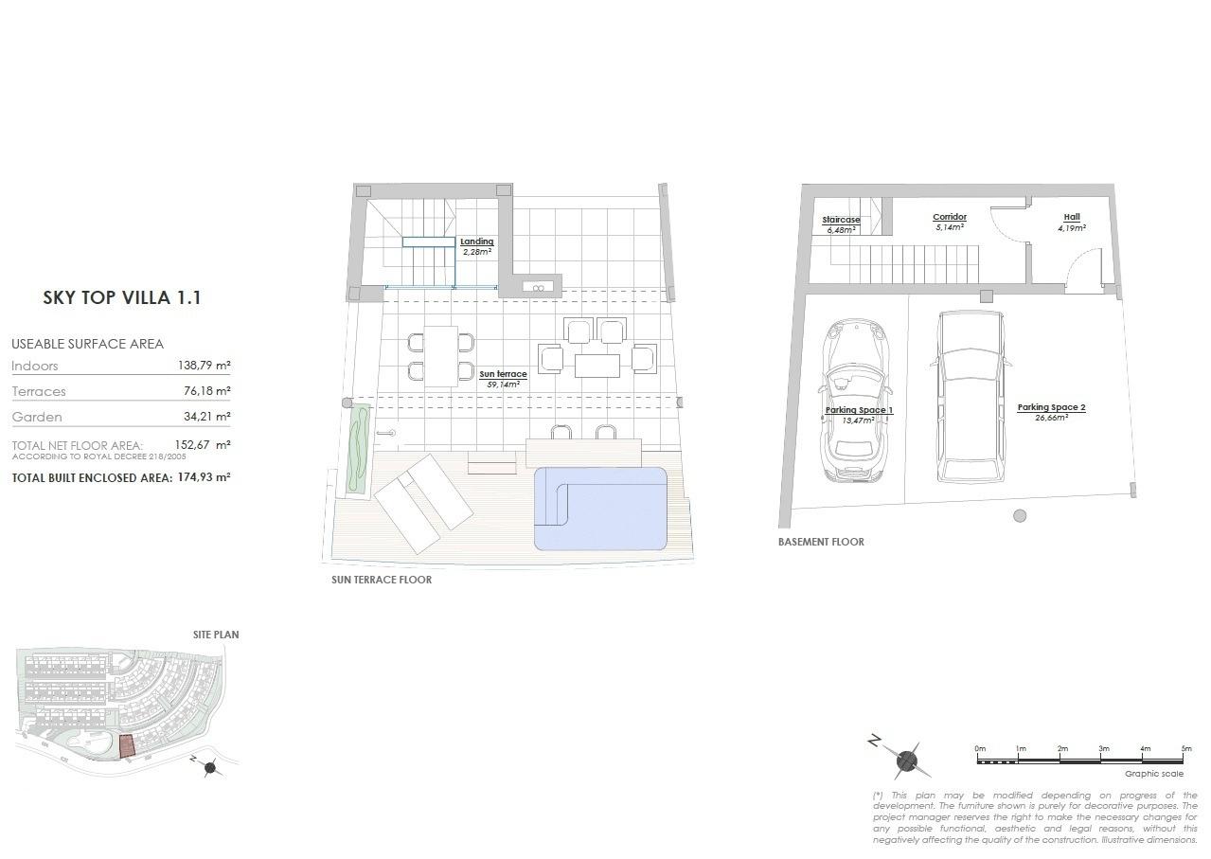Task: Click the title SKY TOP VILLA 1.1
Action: (x=122, y=297)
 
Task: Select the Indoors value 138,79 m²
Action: (x=204, y=366)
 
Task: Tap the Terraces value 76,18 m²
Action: (x=204, y=391)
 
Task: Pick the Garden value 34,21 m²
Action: (x=204, y=417)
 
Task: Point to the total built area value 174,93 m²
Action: (x=204, y=477)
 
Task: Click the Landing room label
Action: (x=477, y=242)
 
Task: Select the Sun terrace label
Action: (x=503, y=375)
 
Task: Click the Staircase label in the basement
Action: (x=841, y=220)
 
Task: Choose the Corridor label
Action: (x=949, y=218)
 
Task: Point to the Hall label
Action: (x=1071, y=218)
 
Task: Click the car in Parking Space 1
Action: (x=856, y=398)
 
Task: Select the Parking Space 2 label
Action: (x=1051, y=407)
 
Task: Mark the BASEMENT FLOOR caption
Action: (x=821, y=543)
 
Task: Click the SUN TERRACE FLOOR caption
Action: (x=382, y=580)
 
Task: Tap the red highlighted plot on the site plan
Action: (x=127, y=745)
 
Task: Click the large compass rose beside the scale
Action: (x=906, y=759)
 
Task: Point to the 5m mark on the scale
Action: (x=1186, y=749)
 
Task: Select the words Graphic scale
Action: (x=1153, y=774)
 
